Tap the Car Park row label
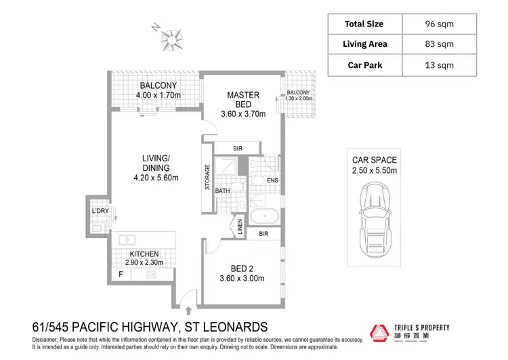pos(364,65)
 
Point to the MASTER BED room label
pos(239,100)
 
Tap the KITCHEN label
pos(144,254)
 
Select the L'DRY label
pos(100,212)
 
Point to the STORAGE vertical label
pos(208,177)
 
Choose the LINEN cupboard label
pos(239,227)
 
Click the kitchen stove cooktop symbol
pos(151,275)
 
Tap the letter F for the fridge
pos(121,275)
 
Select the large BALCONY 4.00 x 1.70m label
pos(158,91)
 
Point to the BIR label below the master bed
pos(238,148)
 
